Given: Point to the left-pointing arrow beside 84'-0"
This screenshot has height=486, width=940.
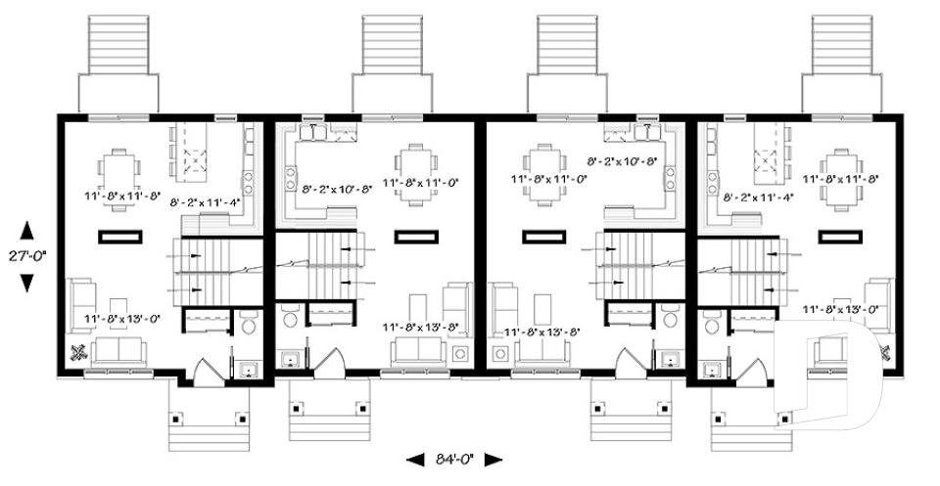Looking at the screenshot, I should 414,459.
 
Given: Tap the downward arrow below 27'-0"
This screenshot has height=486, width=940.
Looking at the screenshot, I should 26,282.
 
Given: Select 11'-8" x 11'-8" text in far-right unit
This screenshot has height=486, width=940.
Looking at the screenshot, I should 839,180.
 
